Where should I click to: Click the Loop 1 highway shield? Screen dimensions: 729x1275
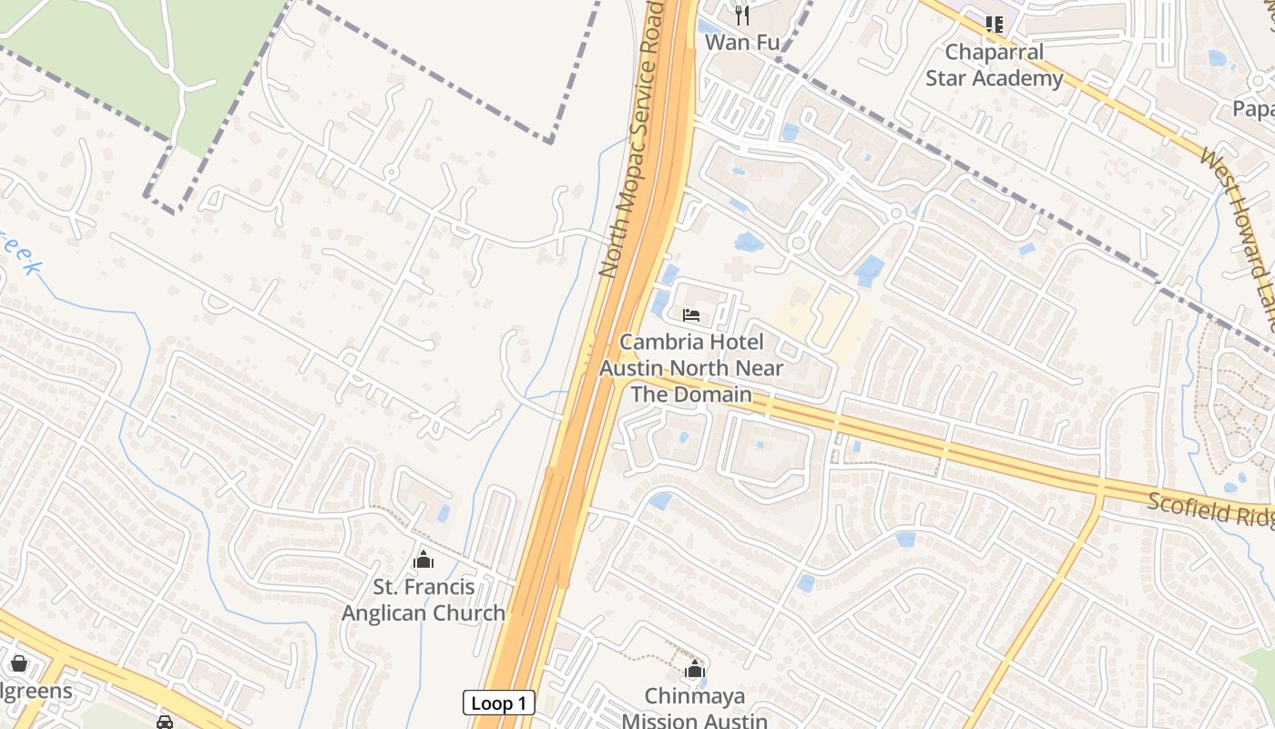point(498,703)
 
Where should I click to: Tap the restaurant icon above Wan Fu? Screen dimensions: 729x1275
point(742,15)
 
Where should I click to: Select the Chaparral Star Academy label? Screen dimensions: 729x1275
point(994,66)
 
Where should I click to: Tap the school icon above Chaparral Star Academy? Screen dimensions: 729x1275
point(994,25)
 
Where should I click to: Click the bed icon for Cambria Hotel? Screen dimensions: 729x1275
point(691,315)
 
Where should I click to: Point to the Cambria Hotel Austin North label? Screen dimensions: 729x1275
point(691,368)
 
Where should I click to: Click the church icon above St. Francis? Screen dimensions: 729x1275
point(423,560)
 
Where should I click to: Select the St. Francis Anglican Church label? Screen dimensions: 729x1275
point(423,601)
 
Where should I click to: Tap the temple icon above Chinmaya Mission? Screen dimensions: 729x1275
point(695,670)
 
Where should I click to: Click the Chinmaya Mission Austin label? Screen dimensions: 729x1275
point(694,709)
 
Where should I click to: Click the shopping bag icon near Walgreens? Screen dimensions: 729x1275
point(18,662)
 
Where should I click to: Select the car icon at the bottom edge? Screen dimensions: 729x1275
point(164,722)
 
